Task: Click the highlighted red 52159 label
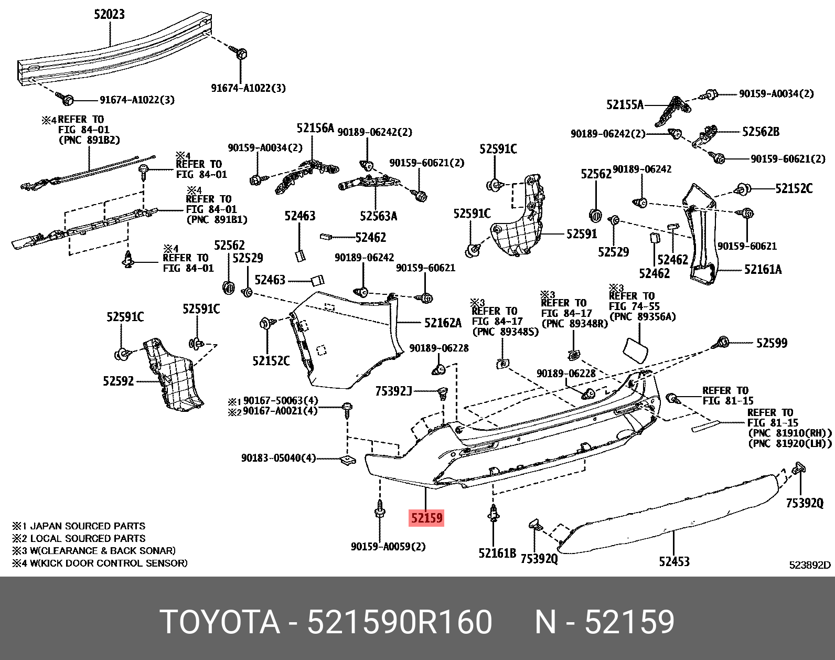[x=426, y=518]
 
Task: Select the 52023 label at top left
[x=109, y=14]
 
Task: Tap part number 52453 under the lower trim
[x=674, y=561]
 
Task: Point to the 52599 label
[x=771, y=343]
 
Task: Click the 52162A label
[x=443, y=323]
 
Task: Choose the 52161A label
[x=763, y=270]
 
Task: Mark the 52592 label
[x=118, y=381]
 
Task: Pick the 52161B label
[x=497, y=553]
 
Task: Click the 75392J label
[x=393, y=391]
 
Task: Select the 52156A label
[x=315, y=128]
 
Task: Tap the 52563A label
[x=378, y=216]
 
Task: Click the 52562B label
[x=761, y=132]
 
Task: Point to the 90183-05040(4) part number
[x=278, y=458]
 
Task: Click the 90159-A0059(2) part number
[x=388, y=547]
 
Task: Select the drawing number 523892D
[x=809, y=565]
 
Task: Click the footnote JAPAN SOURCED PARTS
[x=87, y=526]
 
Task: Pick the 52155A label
[x=624, y=105]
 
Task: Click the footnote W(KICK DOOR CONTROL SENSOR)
[x=108, y=563]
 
